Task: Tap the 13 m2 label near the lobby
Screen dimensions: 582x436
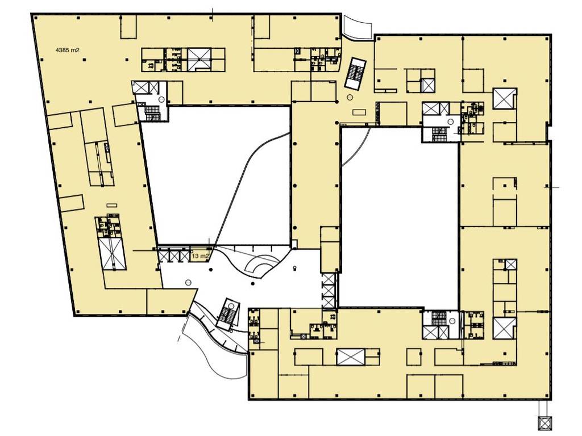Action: (200, 256)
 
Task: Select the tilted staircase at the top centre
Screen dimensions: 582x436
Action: (355, 74)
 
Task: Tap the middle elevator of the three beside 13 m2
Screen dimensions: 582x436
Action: (174, 256)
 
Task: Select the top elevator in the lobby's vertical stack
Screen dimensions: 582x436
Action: (329, 279)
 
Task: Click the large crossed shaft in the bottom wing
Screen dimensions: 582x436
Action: (351, 357)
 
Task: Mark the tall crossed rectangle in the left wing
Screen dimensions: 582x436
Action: (112, 254)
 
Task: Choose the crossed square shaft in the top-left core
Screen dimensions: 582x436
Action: (199, 59)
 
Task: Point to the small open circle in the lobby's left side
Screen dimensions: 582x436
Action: (188, 283)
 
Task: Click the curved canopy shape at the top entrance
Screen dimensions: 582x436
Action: (357, 27)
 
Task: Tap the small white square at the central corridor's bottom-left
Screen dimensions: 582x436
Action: (294, 244)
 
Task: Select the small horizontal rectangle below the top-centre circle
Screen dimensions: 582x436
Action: (359, 111)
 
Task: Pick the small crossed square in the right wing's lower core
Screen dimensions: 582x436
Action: (511, 265)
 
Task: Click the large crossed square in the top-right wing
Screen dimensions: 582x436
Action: (505, 98)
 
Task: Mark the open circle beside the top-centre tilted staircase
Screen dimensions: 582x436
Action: (350, 98)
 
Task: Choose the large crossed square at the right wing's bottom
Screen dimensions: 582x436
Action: (505, 328)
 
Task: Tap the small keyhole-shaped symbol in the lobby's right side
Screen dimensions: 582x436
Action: (295, 268)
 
